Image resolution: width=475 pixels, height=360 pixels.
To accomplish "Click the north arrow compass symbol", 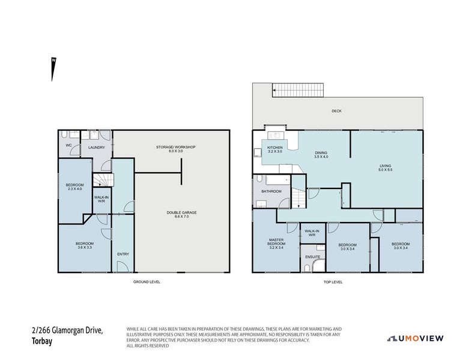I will point(53,69).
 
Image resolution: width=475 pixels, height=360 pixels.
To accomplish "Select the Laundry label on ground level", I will point(96,147).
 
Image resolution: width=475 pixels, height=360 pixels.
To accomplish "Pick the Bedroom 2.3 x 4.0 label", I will point(75,187).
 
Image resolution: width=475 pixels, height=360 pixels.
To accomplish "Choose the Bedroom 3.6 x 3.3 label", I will point(84,245).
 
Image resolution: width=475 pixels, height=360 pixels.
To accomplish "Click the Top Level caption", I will point(333,281).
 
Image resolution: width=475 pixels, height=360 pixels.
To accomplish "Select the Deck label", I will point(336,111).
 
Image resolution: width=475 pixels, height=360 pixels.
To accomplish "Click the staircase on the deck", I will point(298,91).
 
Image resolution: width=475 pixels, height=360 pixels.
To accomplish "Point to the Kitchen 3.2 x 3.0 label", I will point(275,149).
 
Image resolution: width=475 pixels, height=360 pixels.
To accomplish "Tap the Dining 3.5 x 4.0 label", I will point(321,155).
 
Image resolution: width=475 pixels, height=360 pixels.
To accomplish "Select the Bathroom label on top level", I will point(271,191).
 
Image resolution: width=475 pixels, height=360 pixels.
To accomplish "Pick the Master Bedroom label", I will point(276,244).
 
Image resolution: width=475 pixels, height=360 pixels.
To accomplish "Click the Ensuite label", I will point(312,257).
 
